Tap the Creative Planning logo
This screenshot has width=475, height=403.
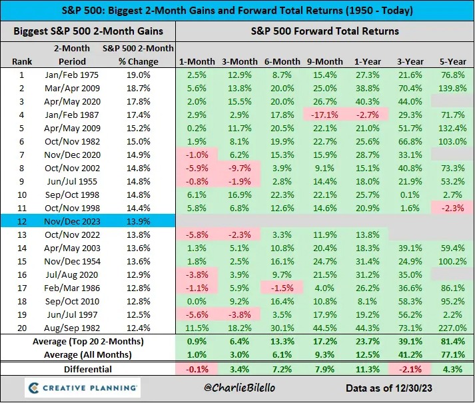click(82, 388)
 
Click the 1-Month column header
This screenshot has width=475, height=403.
click(197, 61)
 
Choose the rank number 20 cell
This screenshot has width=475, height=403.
click(22, 328)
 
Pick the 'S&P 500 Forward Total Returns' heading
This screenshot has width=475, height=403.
click(324, 31)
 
